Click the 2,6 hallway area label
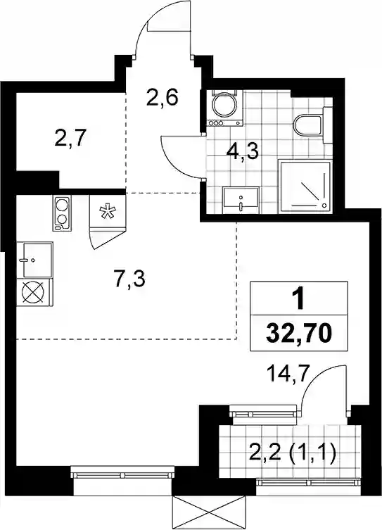tap(162, 97)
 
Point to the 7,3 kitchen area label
tap(129, 279)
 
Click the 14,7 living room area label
tap(288, 374)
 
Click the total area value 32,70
tap(298, 334)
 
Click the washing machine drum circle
tap(224, 104)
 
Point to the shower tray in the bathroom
tap(305, 187)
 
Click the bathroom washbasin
tap(241, 200)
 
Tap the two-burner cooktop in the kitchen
tap(62, 213)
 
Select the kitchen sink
tap(34, 260)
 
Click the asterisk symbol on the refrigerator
tap(108, 211)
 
